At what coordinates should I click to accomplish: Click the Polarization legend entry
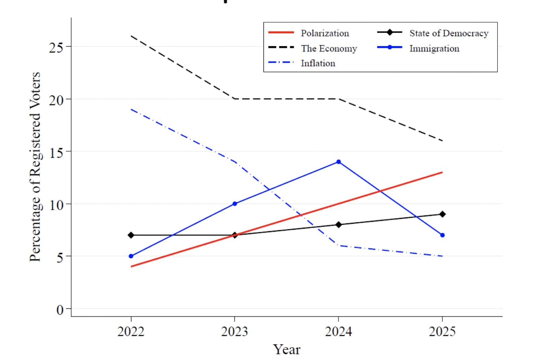tap(324, 33)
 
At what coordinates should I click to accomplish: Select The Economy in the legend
tap(329, 48)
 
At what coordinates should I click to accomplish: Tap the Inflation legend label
tap(318, 63)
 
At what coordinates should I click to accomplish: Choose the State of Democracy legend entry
tap(449, 33)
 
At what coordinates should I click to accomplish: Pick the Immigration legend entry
tap(434, 48)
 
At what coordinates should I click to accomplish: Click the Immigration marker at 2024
tap(339, 162)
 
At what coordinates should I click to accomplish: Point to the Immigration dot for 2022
tap(131, 256)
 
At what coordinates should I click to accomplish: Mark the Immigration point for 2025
tap(443, 235)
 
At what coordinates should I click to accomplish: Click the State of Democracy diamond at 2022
tap(131, 235)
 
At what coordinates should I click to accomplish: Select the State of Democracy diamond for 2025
tap(443, 214)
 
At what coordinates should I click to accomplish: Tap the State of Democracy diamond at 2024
tap(339, 225)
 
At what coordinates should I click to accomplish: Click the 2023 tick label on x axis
tap(234, 331)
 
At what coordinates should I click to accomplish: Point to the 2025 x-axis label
tap(442, 331)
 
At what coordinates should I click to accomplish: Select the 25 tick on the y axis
tap(56, 47)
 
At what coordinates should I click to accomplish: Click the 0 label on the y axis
tap(60, 310)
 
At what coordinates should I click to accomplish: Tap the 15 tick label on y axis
tap(56, 153)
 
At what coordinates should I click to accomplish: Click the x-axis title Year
tap(286, 350)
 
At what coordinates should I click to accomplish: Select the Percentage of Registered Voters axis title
tap(35, 167)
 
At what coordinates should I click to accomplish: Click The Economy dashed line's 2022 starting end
tap(131, 36)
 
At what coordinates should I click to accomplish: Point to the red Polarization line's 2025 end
tap(442, 172)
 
